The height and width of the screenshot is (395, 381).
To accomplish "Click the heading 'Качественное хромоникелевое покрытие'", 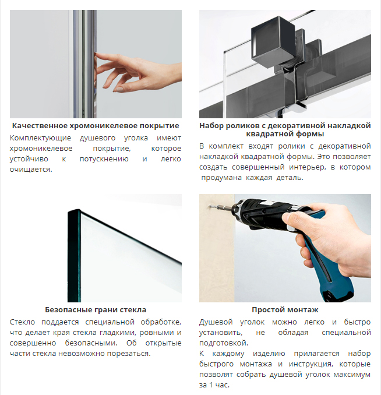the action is coord(96,125).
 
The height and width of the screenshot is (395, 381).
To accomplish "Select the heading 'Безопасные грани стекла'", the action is coord(96,309).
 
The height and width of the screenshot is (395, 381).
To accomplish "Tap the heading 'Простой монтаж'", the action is coord(285,309).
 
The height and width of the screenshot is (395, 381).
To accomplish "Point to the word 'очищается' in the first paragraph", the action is coord(30,170).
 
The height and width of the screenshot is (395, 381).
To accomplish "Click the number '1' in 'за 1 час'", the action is coord(211,385).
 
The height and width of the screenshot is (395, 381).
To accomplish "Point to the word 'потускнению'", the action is coord(104,159).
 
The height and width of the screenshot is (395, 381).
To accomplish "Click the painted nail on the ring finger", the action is coord(118,89).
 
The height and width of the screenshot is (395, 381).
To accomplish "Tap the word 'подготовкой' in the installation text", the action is coord(224,343).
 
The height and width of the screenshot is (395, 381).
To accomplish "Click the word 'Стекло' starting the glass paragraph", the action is coord(22,322).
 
